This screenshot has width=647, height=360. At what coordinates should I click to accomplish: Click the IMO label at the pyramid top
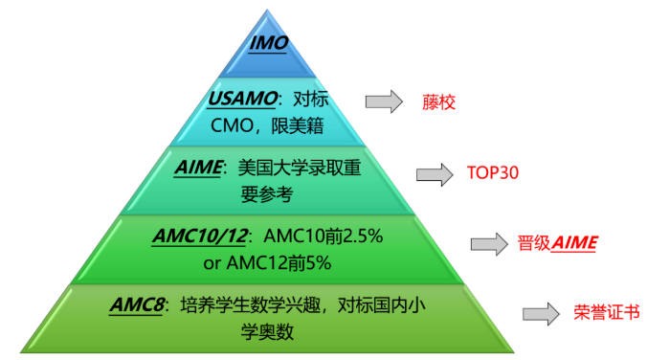[x=268, y=43]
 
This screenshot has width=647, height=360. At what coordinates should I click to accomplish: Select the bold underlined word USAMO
[x=243, y=99]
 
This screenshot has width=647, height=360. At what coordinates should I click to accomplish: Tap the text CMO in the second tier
[x=232, y=125]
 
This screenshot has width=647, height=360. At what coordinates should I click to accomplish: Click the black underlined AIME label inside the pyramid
[x=198, y=168]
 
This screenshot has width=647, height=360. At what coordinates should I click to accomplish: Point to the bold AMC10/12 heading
[x=201, y=236]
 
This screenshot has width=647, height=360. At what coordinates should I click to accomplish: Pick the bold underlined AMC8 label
[x=137, y=305]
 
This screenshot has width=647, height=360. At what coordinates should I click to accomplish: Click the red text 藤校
[x=438, y=102]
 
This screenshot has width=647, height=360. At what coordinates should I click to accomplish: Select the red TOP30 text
[x=492, y=172]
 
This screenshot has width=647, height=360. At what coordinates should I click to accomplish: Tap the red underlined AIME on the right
[x=574, y=243]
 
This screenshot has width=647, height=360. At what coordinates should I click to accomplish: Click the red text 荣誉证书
[x=607, y=312]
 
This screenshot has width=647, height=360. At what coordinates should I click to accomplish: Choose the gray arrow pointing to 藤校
[x=384, y=101]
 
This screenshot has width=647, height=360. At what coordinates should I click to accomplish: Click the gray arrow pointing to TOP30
[x=435, y=174]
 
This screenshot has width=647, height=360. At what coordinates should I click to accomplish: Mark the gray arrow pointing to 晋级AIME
[x=489, y=244]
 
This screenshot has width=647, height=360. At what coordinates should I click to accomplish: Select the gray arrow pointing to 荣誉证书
[x=541, y=314]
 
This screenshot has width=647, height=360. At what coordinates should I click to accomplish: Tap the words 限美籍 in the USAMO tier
[x=297, y=125]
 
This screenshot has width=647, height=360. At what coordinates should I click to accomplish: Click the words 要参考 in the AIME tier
[x=267, y=194]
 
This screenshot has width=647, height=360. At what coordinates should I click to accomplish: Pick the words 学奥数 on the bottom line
[x=267, y=331]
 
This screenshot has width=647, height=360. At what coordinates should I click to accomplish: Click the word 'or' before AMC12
[x=212, y=263]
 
